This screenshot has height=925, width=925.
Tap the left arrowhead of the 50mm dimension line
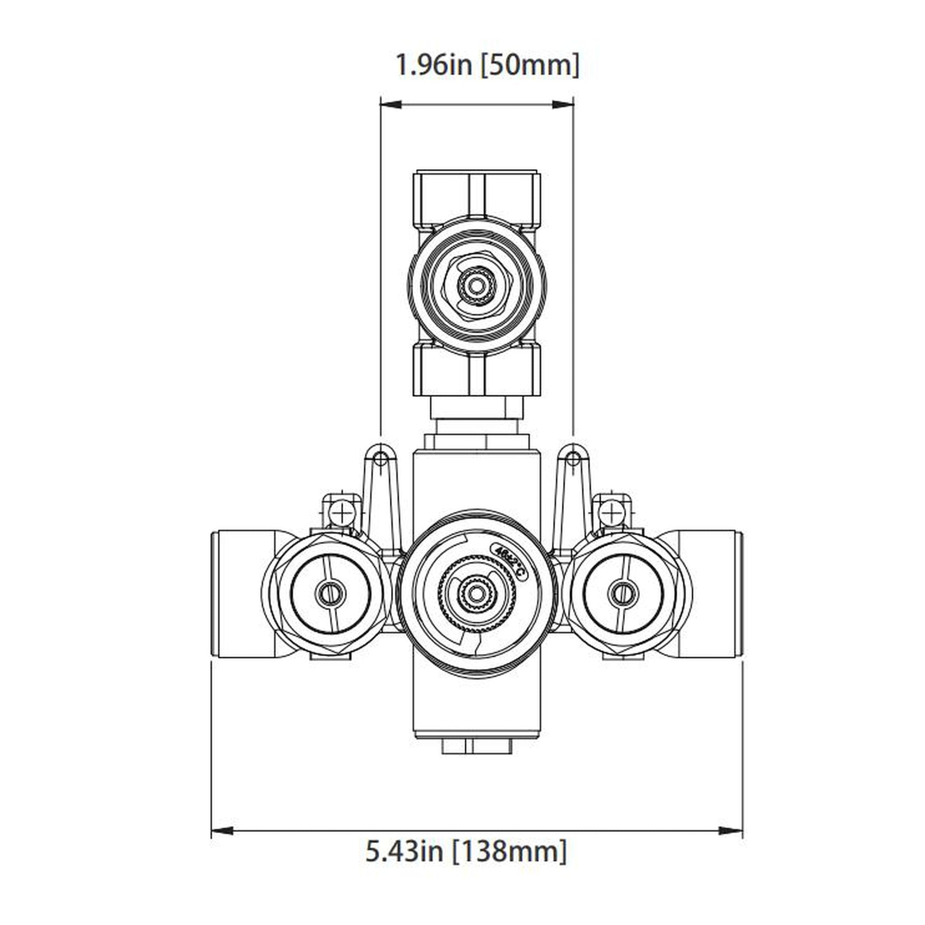point(391,105)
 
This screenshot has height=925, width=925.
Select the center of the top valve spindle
point(476,286)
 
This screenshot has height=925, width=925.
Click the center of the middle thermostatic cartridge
point(476,594)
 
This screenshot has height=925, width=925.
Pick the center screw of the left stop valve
point(330,594)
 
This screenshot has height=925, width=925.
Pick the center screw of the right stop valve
point(622,594)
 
